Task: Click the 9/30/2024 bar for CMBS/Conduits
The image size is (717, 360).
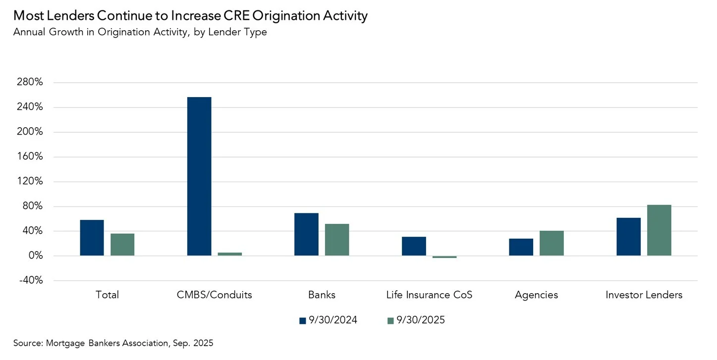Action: (x=199, y=176)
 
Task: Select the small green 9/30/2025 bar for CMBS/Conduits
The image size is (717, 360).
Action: (x=230, y=254)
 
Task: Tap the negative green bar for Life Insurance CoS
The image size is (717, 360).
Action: (x=444, y=257)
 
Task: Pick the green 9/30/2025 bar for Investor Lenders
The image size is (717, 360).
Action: (x=659, y=230)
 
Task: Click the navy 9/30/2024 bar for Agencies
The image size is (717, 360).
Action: (x=521, y=247)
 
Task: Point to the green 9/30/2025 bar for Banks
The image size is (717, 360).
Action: (x=337, y=240)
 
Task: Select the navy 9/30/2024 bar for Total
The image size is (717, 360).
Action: (x=92, y=238)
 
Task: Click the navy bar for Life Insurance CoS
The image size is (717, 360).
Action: (x=414, y=246)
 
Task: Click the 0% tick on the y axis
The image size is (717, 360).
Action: (x=35, y=256)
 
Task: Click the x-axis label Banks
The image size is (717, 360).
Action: (x=322, y=295)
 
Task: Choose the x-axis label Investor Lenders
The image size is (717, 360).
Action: (x=644, y=295)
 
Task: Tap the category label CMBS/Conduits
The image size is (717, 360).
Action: (x=214, y=295)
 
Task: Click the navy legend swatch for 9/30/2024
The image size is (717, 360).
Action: (x=302, y=321)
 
